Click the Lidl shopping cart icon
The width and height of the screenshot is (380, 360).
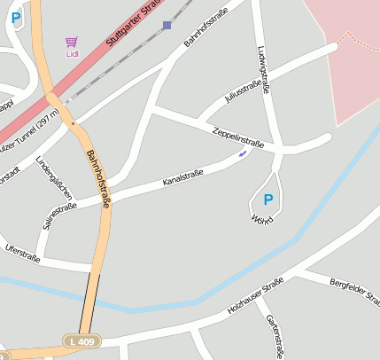pos(71,41)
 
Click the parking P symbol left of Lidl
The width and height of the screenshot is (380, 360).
pos(16,17)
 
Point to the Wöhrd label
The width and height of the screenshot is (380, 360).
pos(262,218)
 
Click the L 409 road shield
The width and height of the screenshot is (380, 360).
pos(85,340)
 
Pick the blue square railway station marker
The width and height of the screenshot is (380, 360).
pos(167,26)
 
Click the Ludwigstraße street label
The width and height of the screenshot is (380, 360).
pos(261,71)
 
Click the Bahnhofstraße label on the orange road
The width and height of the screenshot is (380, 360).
pos(98,179)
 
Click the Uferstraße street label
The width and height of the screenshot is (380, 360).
pos(23,251)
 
